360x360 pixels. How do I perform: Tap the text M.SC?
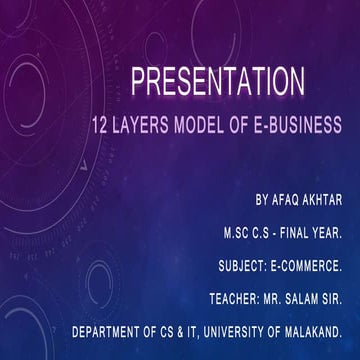pyautogui.click(x=240, y=212)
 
